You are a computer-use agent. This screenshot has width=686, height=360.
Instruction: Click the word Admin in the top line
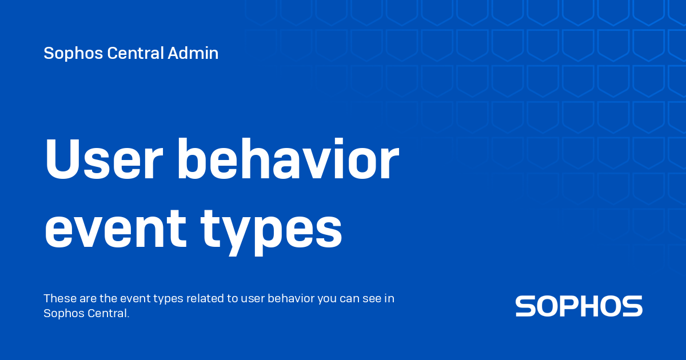coord(193,54)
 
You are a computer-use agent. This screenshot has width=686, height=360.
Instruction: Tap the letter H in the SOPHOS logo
coord(596,306)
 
